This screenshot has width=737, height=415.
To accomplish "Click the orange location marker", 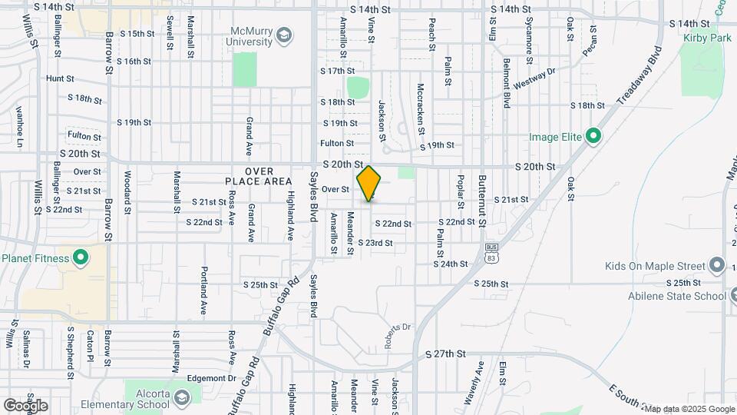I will tap(369, 184).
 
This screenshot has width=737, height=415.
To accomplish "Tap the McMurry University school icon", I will tap(284, 35).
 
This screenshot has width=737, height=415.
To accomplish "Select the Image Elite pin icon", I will tap(593, 138).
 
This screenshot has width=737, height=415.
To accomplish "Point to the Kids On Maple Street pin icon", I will tap(717, 266).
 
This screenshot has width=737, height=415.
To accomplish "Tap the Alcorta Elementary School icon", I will tap(181, 398).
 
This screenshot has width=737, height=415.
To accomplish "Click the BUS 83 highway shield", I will tap(491, 253).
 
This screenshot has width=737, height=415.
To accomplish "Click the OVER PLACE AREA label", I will tap(258, 175).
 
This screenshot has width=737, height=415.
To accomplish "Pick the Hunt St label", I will tap(60, 78).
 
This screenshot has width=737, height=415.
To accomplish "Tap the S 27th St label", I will tap(446, 354).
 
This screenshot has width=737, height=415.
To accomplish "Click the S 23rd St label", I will tap(376, 243).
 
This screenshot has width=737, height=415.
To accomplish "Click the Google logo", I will tap(25, 405).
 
